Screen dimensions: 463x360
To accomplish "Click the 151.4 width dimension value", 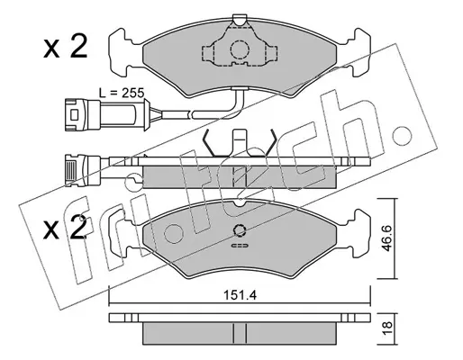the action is [240, 295].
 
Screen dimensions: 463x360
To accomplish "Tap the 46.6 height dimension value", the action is [386, 238].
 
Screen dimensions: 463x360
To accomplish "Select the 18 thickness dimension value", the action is [386, 328].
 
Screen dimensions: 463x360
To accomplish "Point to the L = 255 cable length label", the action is [122, 93].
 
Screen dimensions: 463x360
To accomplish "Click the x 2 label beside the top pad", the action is [66, 47].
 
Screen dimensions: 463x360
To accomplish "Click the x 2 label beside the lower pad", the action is [66, 228].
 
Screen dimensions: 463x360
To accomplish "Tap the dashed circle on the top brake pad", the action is [240, 49].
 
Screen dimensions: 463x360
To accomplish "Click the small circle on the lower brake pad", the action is [240, 230].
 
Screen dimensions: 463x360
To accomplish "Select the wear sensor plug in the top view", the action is [106, 114].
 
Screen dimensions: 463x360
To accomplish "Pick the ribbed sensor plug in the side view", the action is [83, 170].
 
